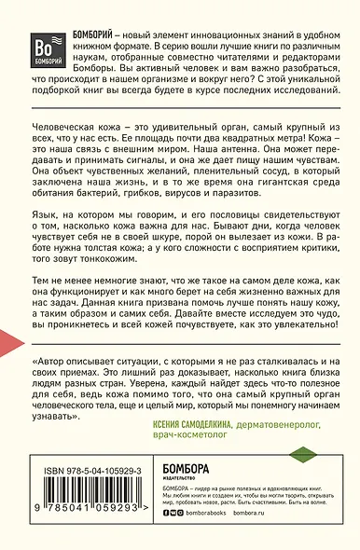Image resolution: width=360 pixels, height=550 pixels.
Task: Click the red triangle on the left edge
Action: [x=8, y=342]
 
